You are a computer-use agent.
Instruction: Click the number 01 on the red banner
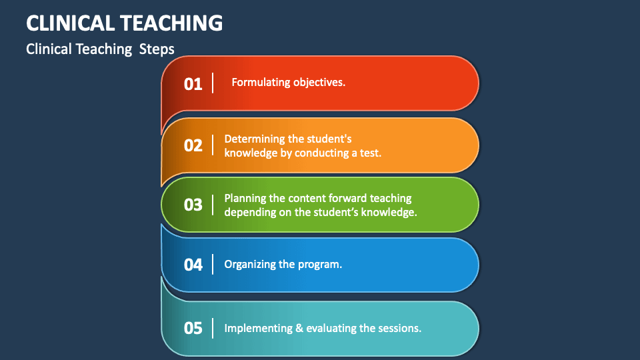193,84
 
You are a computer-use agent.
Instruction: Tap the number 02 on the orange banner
193,145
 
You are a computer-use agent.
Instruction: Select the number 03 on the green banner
193,205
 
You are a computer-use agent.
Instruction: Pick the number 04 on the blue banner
193,265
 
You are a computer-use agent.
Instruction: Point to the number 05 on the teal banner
193,329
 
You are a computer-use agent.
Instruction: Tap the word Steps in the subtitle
157,49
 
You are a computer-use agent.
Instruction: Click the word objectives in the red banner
319,83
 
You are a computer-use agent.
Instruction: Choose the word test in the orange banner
370,153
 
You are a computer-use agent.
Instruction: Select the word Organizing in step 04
250,264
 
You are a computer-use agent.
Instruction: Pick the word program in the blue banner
321,265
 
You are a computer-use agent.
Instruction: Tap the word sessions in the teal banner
399,329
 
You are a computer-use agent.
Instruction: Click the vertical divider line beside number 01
213,83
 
